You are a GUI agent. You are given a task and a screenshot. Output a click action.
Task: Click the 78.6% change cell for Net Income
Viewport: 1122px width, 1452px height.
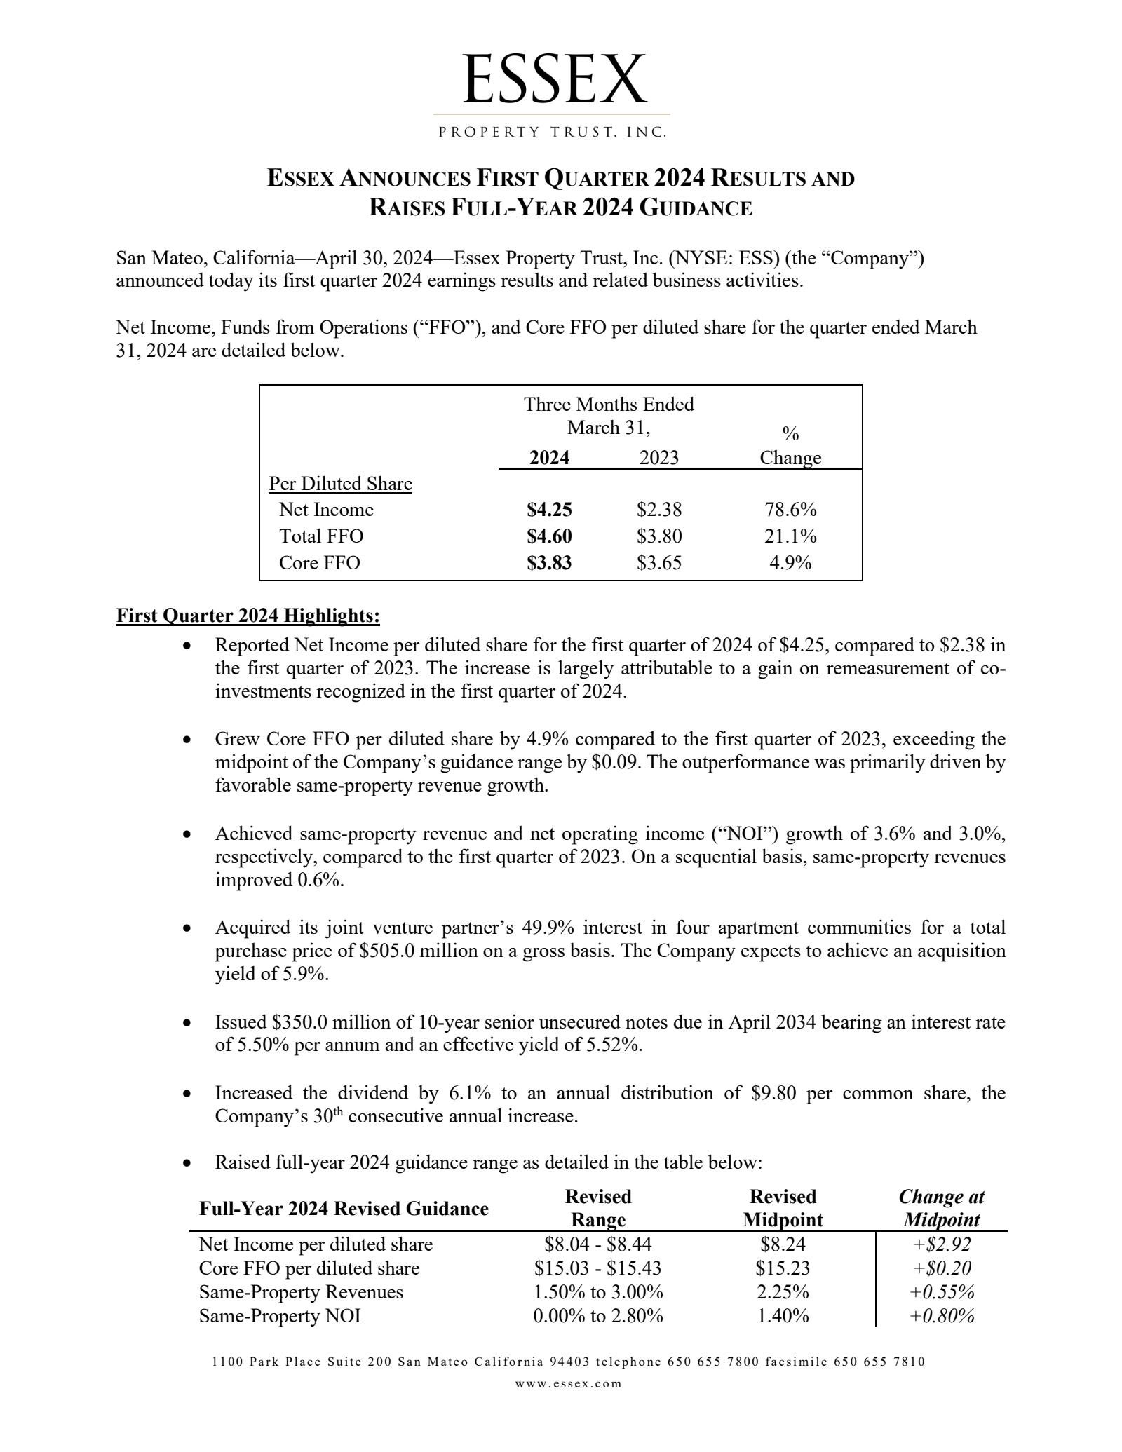pyautogui.click(x=790, y=510)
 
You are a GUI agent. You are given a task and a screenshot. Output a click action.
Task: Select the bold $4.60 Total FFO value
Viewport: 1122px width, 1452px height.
pyautogui.click(x=549, y=536)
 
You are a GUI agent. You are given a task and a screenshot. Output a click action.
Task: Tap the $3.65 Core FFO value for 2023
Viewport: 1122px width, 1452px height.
pyautogui.click(x=659, y=563)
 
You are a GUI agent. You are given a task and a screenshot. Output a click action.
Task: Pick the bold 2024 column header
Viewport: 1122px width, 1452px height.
pyautogui.click(x=549, y=458)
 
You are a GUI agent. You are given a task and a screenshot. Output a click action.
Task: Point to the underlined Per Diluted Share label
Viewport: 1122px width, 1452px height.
pyautogui.click(x=341, y=484)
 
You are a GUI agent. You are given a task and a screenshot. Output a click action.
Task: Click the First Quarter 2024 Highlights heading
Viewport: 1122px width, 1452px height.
pyautogui.click(x=248, y=616)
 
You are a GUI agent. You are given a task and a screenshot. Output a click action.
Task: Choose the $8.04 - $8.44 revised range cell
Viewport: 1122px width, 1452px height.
pyautogui.click(x=598, y=1244)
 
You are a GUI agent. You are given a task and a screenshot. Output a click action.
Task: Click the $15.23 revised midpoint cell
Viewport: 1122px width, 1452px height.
pyautogui.click(x=783, y=1268)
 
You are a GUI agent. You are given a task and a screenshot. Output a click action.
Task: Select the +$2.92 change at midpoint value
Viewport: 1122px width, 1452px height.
pyautogui.click(x=942, y=1244)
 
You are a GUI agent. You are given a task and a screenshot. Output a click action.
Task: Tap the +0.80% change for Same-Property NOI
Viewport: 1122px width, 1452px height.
pyautogui.click(x=942, y=1316)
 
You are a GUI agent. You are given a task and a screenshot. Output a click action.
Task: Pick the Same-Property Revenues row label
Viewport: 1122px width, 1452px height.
pyautogui.click(x=301, y=1292)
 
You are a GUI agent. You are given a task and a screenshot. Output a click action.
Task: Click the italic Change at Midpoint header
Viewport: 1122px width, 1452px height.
pyautogui.click(x=942, y=1208)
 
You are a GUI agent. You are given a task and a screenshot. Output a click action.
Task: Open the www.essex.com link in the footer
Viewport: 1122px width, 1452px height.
pyautogui.click(x=569, y=1384)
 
